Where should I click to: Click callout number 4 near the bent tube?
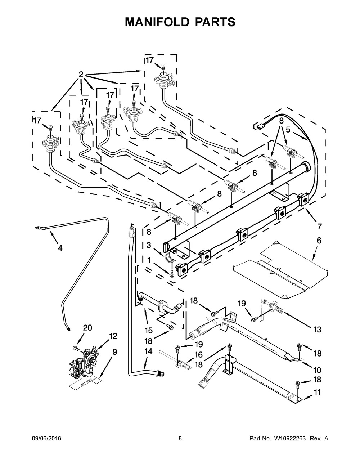click(x=60, y=248)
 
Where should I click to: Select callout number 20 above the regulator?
click(x=87, y=328)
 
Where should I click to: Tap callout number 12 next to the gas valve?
click(x=113, y=336)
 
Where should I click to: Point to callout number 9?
click(x=114, y=352)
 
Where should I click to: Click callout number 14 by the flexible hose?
click(x=148, y=351)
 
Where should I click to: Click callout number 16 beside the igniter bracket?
click(x=198, y=355)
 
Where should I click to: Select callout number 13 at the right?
click(x=317, y=329)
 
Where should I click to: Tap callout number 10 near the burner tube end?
click(x=317, y=369)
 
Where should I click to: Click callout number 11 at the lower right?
click(x=317, y=392)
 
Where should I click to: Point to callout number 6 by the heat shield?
click(x=319, y=240)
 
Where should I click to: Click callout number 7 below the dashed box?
click(x=319, y=227)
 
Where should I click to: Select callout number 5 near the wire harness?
click(x=288, y=129)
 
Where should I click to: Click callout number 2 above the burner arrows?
click(x=81, y=75)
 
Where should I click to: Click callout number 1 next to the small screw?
click(x=149, y=260)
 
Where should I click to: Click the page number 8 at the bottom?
click(x=180, y=438)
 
